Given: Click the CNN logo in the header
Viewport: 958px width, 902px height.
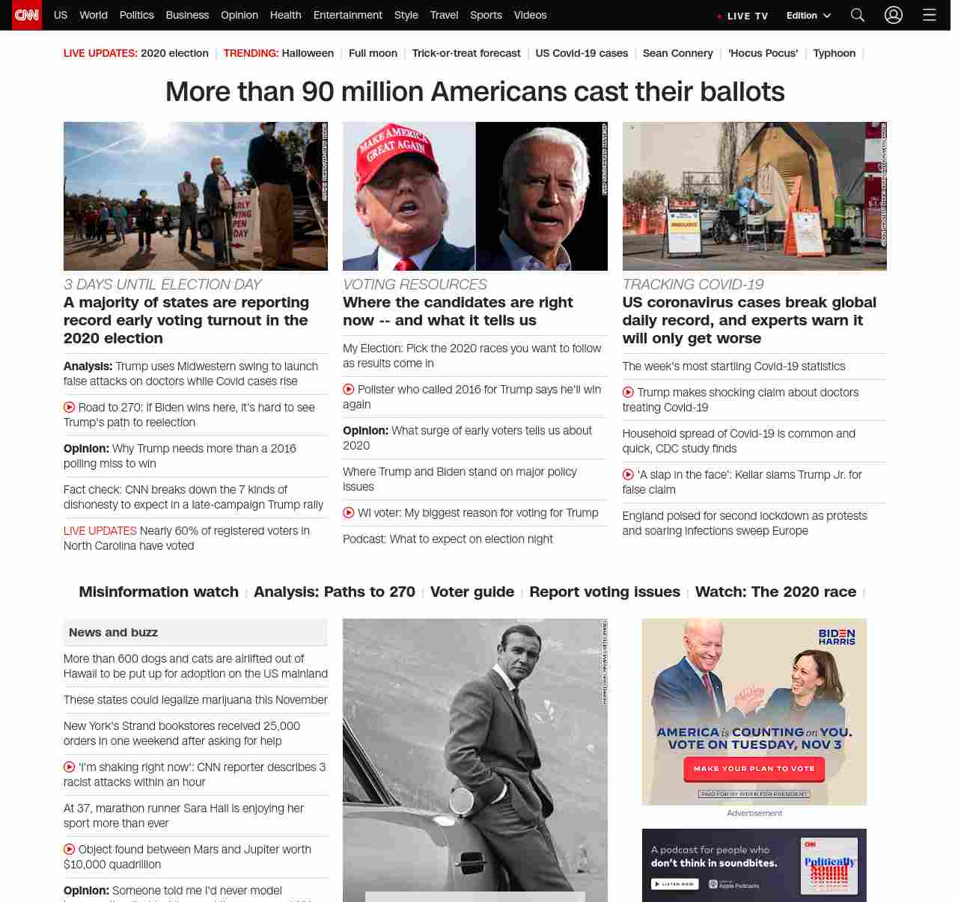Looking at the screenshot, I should point(27,15).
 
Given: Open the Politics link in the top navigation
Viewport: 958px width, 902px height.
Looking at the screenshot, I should point(136,15).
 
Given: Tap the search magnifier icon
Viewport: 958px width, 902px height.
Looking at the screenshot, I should point(858,15).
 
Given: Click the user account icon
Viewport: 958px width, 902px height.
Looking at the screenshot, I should point(894,15).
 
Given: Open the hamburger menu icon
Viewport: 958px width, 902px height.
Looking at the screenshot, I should point(930,15).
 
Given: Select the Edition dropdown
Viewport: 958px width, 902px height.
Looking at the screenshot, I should point(808,16).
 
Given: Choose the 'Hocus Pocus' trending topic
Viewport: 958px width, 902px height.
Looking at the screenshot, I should point(763,53).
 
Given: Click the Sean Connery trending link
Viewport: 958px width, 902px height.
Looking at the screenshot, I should point(677,53).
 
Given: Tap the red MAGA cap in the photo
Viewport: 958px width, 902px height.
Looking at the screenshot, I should point(395,149).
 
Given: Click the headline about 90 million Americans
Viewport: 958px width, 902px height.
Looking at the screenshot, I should point(475,92).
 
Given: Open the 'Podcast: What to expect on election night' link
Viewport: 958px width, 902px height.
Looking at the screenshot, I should point(448,539).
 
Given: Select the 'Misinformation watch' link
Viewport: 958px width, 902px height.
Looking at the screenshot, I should point(159,592).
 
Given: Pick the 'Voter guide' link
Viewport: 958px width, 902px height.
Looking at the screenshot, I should point(472,592).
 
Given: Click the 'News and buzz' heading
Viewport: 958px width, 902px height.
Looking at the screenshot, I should point(113,633).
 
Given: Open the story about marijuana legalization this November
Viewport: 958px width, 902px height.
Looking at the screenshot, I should point(195,700).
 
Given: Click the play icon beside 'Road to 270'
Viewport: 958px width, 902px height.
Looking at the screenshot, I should point(70,408).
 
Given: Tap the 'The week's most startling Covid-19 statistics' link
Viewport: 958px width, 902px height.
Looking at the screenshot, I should point(733,366).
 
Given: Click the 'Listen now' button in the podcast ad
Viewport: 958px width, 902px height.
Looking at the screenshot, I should point(675,884).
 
